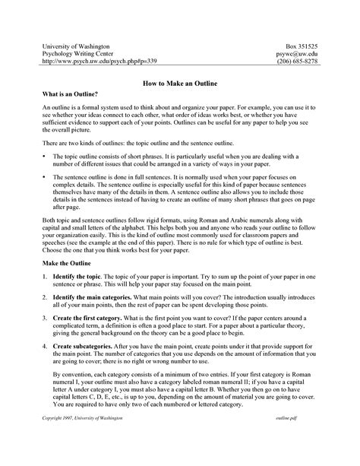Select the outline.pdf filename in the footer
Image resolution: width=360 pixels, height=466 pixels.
pos(305,439)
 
